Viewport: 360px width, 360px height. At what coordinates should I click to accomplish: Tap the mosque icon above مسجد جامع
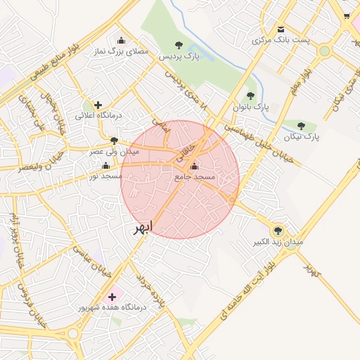(194, 167)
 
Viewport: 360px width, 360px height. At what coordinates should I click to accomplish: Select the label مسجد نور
(102, 175)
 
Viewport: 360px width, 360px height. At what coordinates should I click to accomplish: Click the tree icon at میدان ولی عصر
(114, 141)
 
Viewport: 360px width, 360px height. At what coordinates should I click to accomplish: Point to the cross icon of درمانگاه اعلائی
(98, 105)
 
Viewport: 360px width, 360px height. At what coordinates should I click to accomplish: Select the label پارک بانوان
(253, 107)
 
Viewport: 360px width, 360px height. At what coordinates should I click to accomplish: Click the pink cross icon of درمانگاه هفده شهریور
(112, 297)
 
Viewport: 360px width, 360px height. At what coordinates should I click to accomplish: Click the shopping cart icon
(346, 15)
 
